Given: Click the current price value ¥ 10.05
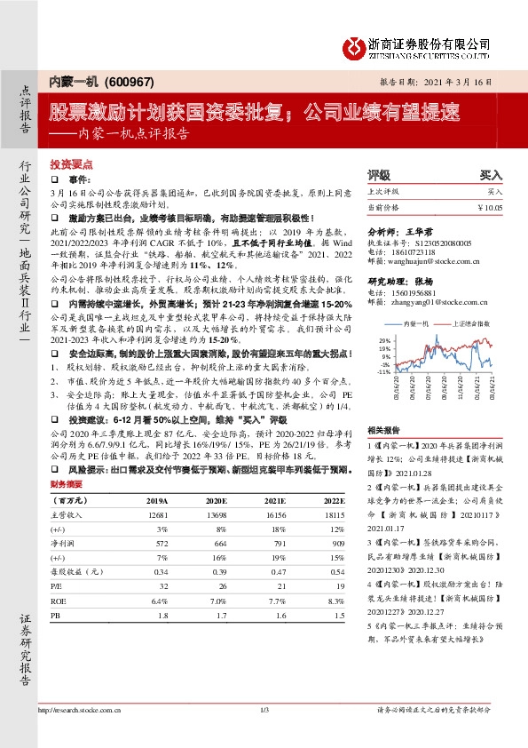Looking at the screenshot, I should tap(489, 206).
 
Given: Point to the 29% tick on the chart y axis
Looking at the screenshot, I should tap(383, 340).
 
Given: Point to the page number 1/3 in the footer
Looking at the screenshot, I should tap(264, 711).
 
